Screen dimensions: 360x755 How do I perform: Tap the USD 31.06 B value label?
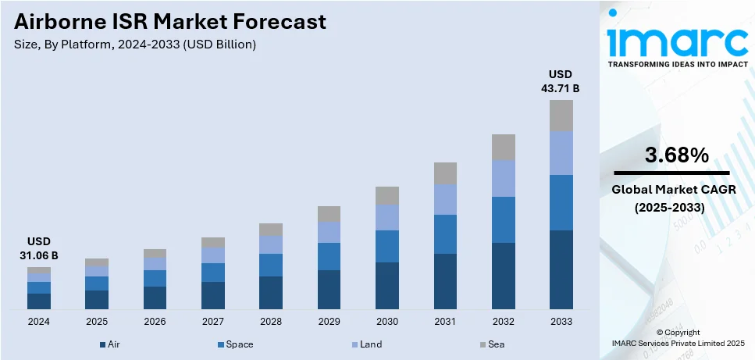[38, 248]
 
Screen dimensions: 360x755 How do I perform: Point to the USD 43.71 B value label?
[560, 81]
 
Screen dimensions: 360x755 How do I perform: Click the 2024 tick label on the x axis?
[38, 322]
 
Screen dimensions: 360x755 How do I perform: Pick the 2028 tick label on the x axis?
[271, 322]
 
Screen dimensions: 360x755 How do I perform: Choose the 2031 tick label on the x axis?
[445, 322]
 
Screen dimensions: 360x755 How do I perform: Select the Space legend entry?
[236, 344]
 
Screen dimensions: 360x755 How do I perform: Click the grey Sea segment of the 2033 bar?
[561, 116]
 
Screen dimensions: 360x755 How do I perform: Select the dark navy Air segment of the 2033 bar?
[561, 269]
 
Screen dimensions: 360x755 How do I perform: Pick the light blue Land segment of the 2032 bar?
[503, 178]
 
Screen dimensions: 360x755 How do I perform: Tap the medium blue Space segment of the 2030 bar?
[387, 246]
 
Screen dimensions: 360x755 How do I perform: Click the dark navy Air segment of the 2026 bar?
[155, 298]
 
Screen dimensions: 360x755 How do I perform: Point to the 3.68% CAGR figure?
[676, 155]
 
